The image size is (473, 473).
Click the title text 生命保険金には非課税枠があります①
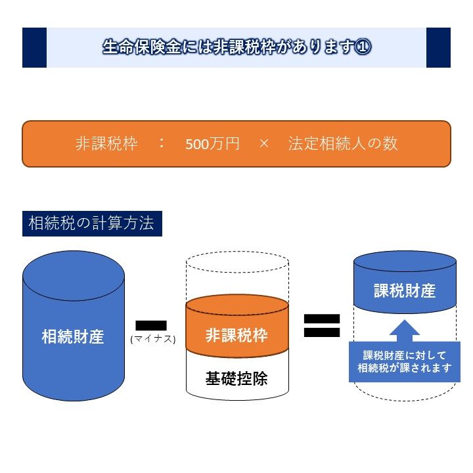(236, 47)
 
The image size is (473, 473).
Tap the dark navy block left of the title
(34, 47)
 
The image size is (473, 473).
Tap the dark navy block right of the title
(438, 47)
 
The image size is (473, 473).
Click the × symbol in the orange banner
(264, 144)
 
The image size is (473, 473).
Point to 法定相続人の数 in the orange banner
(343, 144)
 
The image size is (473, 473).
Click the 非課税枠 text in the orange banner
(106, 144)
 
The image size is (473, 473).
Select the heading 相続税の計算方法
(91, 223)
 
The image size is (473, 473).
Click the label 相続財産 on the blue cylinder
(73, 338)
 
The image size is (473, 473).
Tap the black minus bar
(151, 325)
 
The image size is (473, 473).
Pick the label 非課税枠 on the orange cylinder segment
(236, 335)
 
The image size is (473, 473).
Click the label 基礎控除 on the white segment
(236, 378)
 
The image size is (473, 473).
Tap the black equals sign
(321, 325)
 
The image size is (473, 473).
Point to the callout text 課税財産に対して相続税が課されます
(405, 362)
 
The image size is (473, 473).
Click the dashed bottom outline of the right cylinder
(405, 399)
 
